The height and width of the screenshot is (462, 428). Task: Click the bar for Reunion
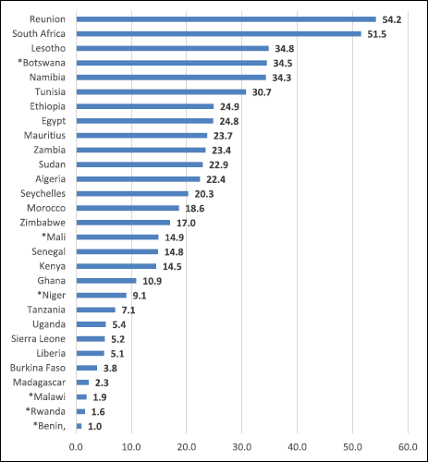pos(226,18)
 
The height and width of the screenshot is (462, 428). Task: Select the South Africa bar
pos(218,33)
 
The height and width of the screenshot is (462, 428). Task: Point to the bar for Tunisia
pos(161,91)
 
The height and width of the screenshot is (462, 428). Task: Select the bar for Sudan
pos(140,164)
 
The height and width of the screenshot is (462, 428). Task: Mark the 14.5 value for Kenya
pos(171,266)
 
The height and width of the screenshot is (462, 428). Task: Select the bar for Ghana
pos(106,280)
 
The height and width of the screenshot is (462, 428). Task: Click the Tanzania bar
pos(96,310)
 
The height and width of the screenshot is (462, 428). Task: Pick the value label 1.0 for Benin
pos(95,426)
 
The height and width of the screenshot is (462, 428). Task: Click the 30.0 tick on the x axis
pos(241,446)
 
